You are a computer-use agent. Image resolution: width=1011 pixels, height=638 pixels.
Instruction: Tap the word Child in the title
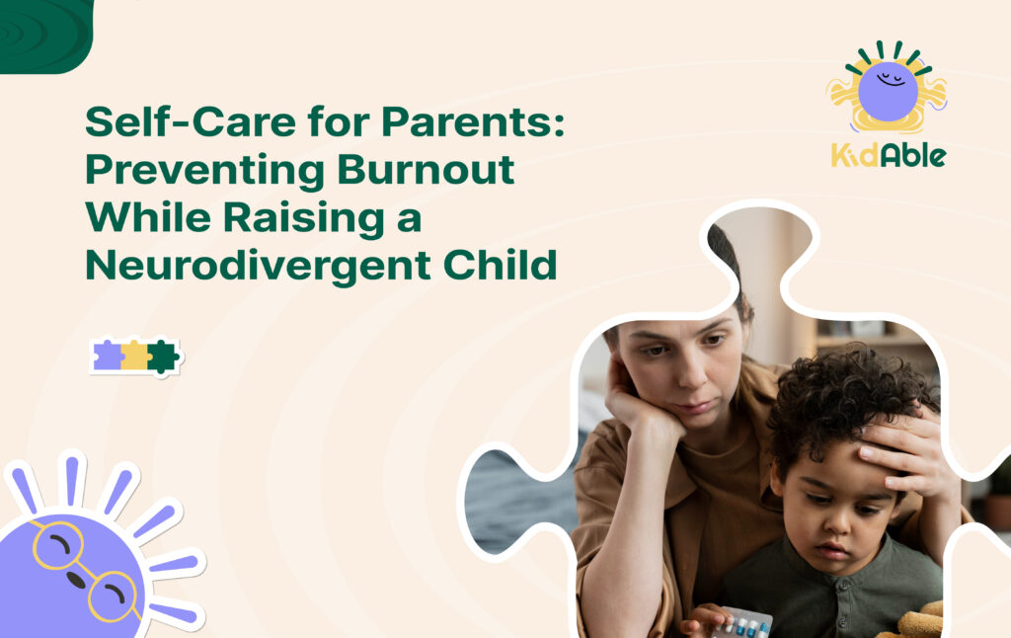503,265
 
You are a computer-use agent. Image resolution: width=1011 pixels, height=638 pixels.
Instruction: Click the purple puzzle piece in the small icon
107,356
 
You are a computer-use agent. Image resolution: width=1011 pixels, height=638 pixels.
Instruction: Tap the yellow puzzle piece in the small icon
134,356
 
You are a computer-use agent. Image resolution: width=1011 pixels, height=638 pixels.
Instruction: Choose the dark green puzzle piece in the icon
162,356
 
